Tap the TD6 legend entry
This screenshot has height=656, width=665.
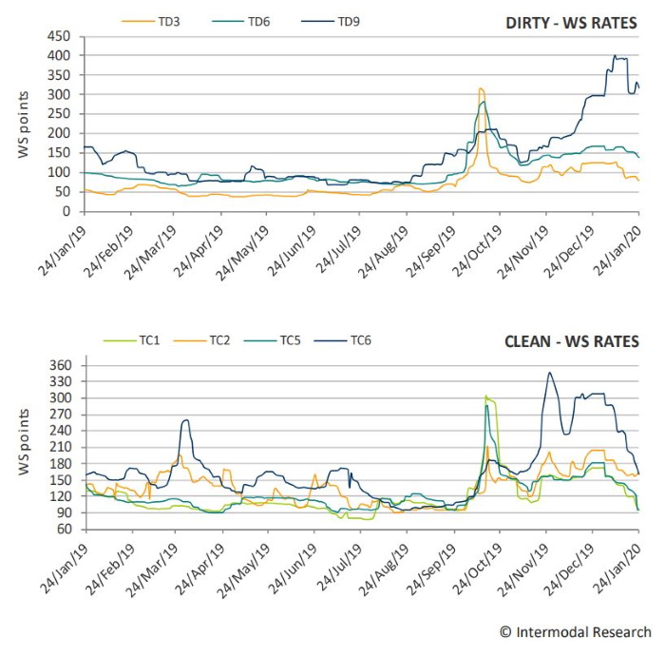[x=258, y=19]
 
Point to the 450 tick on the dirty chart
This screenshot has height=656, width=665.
[x=58, y=36]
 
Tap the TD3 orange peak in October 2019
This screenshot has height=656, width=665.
[x=481, y=88]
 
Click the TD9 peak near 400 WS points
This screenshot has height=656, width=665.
[x=616, y=56]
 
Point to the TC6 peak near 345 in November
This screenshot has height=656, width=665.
[x=549, y=373]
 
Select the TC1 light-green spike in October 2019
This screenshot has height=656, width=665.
[x=485, y=396]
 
